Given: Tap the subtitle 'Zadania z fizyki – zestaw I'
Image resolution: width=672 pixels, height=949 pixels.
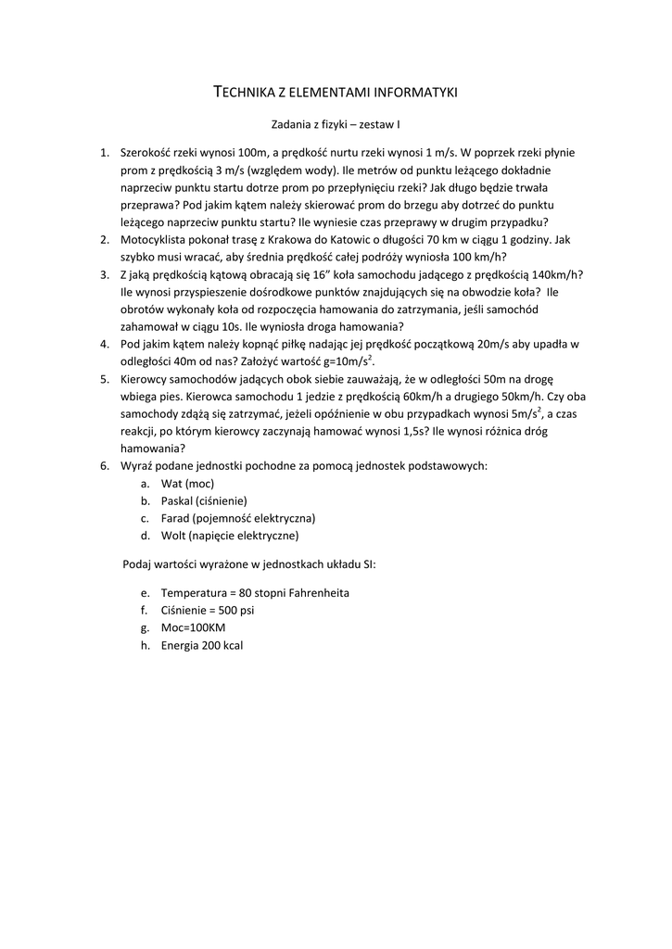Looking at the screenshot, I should pos(336,122).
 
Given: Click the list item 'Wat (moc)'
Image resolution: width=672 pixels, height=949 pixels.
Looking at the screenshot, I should pos(187,484).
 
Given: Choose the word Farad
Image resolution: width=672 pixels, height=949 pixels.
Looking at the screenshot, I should pos(175,518).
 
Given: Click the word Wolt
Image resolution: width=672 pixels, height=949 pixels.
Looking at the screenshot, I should pos(173,535).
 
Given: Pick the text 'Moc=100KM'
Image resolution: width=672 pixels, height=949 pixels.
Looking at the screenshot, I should pos(193,627).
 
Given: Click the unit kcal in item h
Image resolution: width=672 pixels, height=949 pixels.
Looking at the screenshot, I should pos(231,645).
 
